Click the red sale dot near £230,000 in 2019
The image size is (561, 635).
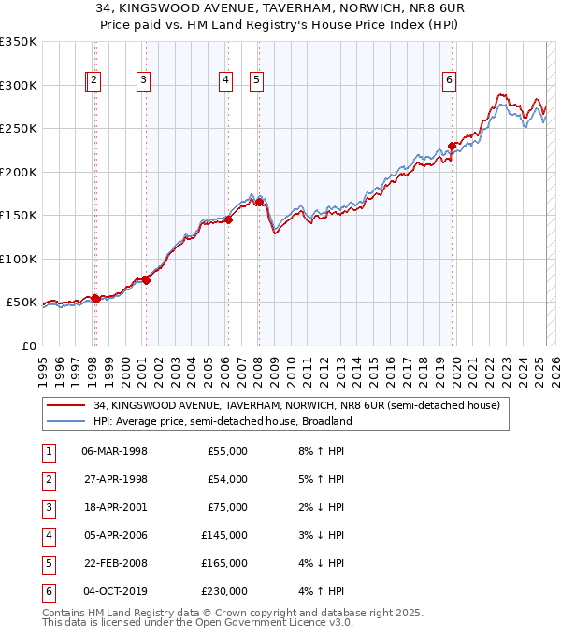pos(452,146)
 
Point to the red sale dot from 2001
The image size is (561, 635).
pos(146,280)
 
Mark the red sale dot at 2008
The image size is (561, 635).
pos(259,202)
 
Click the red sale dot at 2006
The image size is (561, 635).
pos(227,219)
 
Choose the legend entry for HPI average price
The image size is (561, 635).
pos(222,421)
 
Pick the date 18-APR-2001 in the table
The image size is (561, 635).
pos(115,507)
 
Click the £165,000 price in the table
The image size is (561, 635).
pos(224,563)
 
